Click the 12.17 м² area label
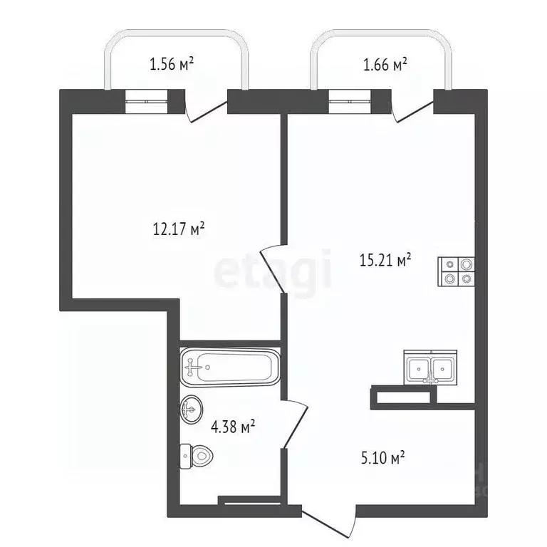click(x=179, y=229)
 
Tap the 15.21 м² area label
click(x=385, y=260)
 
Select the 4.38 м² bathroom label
click(x=233, y=427)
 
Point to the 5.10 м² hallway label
click(x=383, y=457)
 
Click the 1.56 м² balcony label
click(x=171, y=64)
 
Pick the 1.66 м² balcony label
click(x=385, y=64)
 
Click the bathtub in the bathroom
click(x=230, y=367)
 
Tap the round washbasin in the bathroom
click(x=191, y=410)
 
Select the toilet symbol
click(x=197, y=456)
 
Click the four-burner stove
click(x=457, y=271)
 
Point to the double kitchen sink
click(x=430, y=368)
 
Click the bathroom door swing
click(x=295, y=424)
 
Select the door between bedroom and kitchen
click(x=272, y=268)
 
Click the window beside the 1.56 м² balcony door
click(x=147, y=102)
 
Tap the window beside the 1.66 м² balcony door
click(x=350, y=102)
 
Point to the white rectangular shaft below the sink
click(x=403, y=397)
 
